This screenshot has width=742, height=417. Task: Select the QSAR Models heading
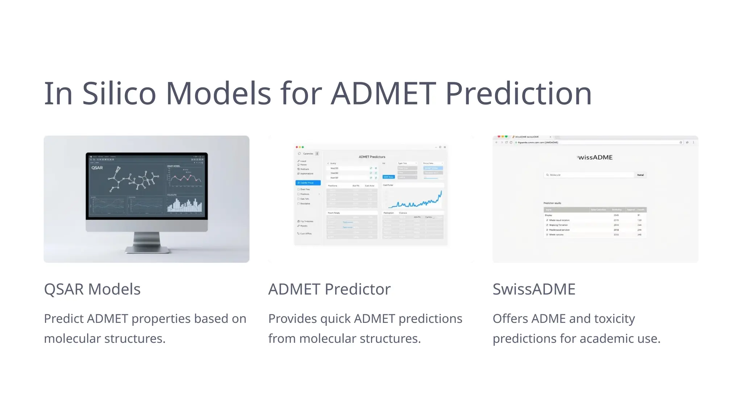[x=92, y=289]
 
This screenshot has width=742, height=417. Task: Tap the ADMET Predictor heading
[x=329, y=289]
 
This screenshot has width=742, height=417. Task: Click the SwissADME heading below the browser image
[x=534, y=289]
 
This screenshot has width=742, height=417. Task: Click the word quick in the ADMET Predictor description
[x=335, y=319]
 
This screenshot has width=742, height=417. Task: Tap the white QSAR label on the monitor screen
[x=97, y=168]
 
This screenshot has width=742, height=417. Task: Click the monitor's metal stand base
[x=147, y=249]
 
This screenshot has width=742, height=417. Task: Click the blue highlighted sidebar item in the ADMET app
[x=308, y=183]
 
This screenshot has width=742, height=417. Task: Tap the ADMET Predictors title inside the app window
[x=372, y=157]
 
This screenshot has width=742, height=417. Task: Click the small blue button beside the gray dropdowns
[x=388, y=177]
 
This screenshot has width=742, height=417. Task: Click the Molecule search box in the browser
[x=589, y=175]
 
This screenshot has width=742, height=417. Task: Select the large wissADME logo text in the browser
[x=595, y=157]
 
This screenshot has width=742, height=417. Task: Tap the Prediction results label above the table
[x=552, y=203]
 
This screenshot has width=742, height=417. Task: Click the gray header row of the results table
[x=595, y=210]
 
